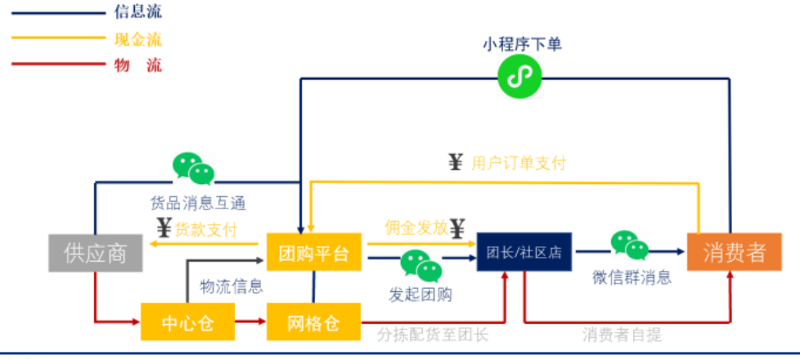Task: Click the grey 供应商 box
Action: (95, 253)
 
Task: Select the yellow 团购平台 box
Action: (313, 252)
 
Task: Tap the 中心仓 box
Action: (188, 322)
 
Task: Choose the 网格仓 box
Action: (313, 322)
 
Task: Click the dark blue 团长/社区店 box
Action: (524, 252)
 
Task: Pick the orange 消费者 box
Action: (733, 252)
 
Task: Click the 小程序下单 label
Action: (522, 44)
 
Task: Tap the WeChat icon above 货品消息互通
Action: (193, 169)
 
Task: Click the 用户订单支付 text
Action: (519, 163)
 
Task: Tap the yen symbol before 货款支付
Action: (164, 228)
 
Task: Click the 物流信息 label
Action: (231, 286)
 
